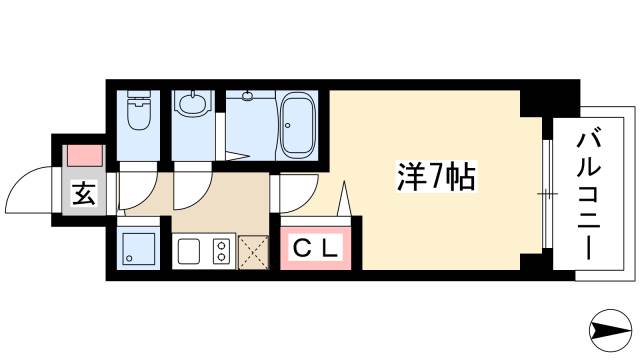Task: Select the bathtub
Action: point(298,125)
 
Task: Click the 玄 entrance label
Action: point(83,194)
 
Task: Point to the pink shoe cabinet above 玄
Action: point(84,158)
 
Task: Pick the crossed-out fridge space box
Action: point(253,251)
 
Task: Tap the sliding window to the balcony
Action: point(546,190)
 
